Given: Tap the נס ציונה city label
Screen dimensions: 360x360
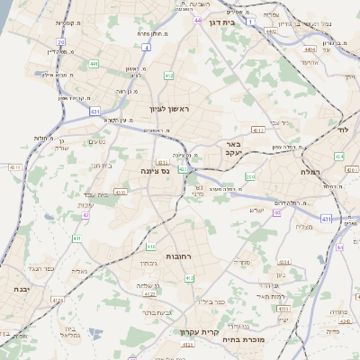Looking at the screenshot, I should [156, 170].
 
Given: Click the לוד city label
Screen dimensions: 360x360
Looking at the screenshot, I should [342, 129].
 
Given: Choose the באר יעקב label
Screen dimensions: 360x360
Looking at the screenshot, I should [232, 148].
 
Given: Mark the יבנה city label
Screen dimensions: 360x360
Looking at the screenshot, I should [19, 290].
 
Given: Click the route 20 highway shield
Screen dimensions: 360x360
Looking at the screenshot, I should [60, 41].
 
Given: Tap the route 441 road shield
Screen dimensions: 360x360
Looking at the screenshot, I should [94, 64].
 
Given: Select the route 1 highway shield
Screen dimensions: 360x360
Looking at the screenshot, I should [250, 19].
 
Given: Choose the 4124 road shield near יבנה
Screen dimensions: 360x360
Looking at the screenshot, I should [58, 299].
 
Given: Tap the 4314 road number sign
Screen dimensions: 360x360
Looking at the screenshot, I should [257, 130].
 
